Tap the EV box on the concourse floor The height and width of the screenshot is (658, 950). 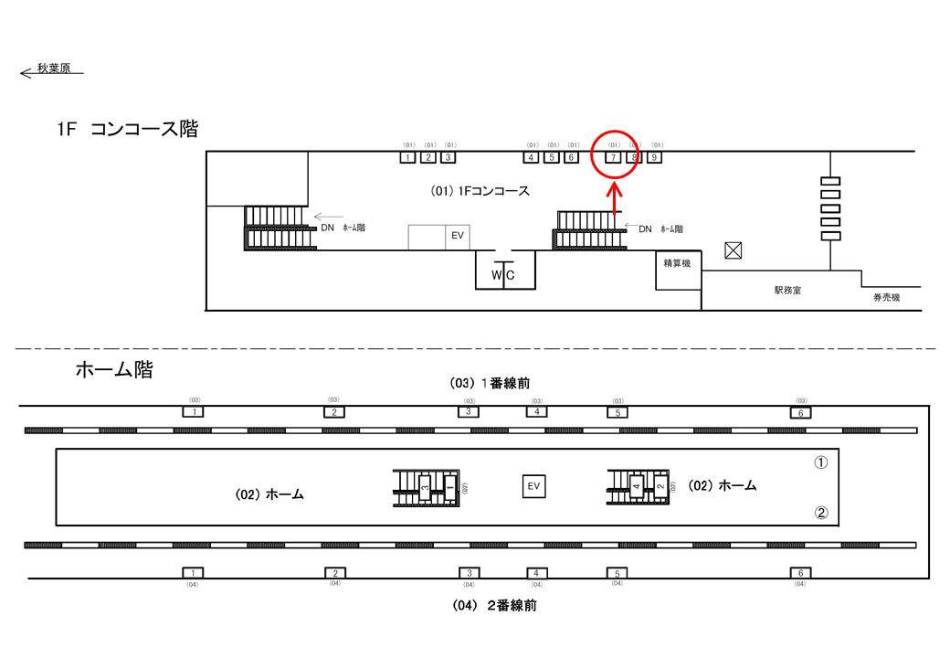click(458, 236)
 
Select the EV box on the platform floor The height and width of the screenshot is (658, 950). click(533, 486)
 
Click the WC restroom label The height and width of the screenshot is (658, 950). click(504, 275)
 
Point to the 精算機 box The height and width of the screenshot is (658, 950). click(677, 263)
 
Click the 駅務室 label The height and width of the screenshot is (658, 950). click(786, 290)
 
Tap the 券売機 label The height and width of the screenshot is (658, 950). click(886, 298)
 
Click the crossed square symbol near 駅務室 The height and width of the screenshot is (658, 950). click(733, 249)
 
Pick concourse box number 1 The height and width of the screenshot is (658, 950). click(407, 157)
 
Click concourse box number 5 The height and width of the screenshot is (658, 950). click(551, 157)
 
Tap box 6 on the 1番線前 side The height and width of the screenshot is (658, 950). click(800, 413)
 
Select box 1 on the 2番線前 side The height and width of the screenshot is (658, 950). click(194, 573)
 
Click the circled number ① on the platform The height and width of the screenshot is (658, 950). click(820, 462)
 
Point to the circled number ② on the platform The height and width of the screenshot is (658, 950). click(820, 513)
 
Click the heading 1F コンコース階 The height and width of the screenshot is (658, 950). click(127, 130)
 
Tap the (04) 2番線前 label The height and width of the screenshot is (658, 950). click(493, 605)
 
